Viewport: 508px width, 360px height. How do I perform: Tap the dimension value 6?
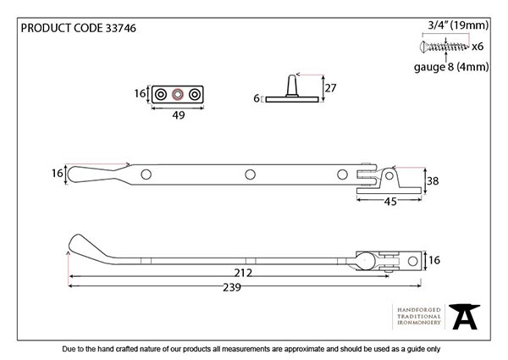coord(256,98)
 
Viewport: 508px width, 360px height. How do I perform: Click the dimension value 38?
coord(433,180)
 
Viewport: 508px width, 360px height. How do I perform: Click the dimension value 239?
coord(229,289)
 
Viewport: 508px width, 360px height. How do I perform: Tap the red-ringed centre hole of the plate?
coord(177,95)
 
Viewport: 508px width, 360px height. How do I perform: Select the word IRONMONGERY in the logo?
coord(415,324)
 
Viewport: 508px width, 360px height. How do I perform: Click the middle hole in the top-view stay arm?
coord(249,175)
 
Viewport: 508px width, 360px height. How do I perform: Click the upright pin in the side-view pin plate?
coord(292,86)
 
